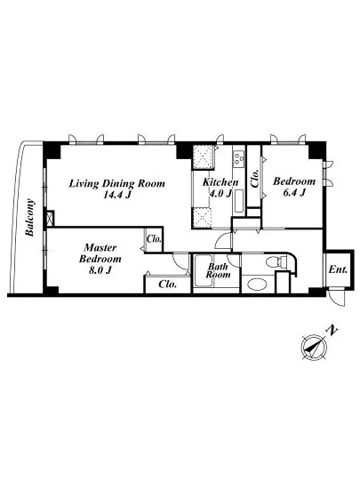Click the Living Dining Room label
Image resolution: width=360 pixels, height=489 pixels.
tap(116, 183)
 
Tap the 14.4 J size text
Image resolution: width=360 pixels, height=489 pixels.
tap(116, 195)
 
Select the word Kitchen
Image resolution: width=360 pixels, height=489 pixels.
tap(220, 182)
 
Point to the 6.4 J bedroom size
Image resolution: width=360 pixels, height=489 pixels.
tap(294, 192)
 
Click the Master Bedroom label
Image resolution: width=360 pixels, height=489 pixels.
tap(100, 253)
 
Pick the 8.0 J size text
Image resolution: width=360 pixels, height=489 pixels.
tap(100, 270)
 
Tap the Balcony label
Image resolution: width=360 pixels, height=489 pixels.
tap(29, 217)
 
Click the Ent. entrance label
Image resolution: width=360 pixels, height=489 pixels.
tap(338, 269)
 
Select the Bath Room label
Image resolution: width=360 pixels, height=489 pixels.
tap(218, 270)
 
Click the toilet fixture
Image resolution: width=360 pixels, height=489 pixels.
tap(276, 261)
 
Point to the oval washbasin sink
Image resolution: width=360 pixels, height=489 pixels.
tap(257, 285)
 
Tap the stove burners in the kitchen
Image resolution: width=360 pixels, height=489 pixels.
tap(239, 158)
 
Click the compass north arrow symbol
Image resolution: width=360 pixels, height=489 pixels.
tap(314, 347)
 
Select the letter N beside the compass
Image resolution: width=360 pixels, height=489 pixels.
tap(332, 331)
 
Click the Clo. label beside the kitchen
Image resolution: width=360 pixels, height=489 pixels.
tap(255, 178)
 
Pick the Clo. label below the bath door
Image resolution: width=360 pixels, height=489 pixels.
tap(168, 285)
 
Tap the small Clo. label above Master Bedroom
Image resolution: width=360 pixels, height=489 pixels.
tap(154, 239)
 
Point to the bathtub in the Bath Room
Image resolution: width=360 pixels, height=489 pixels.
tap(204, 270)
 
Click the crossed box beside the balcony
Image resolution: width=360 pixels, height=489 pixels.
tap(50, 219)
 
